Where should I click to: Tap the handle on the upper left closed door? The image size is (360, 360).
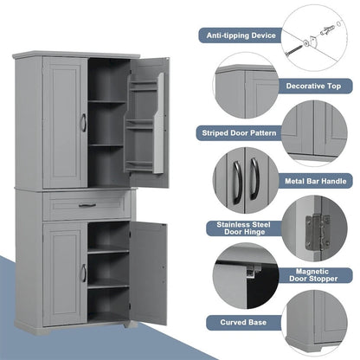[x=83, y=124]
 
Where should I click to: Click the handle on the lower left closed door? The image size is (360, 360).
[x=83, y=273]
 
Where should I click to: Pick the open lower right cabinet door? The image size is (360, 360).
[x=148, y=271]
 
